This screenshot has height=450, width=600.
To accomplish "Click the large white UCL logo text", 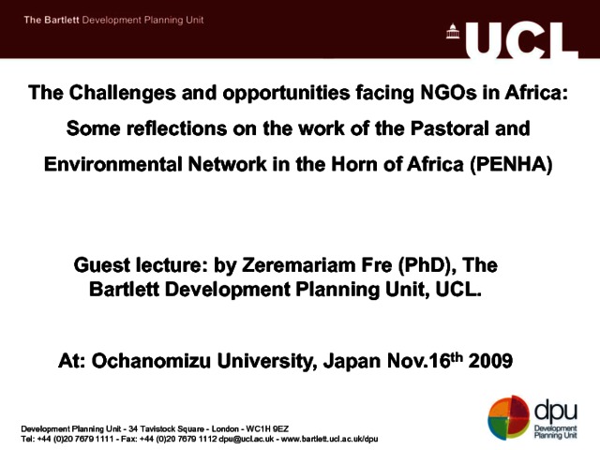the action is click(x=521, y=40).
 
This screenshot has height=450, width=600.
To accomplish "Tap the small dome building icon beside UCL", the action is click(x=453, y=31).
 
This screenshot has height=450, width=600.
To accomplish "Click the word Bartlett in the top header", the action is click(x=61, y=20).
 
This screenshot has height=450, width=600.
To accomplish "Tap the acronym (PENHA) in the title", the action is click(x=511, y=165).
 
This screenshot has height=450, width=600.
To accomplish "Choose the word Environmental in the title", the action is click(x=113, y=165).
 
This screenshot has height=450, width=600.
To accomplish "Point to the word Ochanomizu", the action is click(x=151, y=360).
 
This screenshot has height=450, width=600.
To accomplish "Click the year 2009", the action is click(x=490, y=360).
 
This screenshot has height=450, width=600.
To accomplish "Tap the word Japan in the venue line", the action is click(x=352, y=361).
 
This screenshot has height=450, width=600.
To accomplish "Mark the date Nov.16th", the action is click(x=425, y=360).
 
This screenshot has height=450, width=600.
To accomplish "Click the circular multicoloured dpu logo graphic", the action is click(x=508, y=417).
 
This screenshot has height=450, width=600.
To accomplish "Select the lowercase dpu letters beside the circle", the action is click(x=556, y=411).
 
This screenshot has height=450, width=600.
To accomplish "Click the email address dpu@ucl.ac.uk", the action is click(x=246, y=439).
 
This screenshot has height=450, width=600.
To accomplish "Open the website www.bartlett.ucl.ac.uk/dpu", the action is click(x=329, y=439).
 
